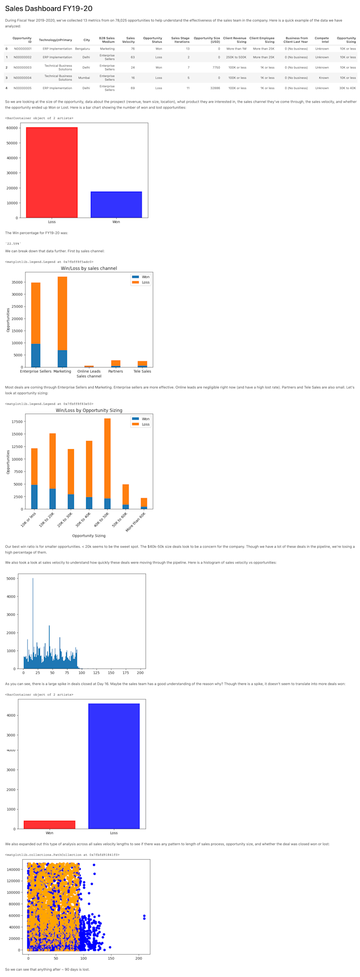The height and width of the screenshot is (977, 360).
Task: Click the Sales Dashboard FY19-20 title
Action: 49,9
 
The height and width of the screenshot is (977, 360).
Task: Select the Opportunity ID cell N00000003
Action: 22,68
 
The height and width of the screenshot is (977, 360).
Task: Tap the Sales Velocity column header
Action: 130,40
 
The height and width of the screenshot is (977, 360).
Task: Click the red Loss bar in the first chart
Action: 52,172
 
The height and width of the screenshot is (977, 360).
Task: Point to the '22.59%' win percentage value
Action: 13,243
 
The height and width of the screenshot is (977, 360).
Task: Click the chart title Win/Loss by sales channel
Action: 89,268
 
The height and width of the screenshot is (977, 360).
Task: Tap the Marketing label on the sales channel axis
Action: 62,371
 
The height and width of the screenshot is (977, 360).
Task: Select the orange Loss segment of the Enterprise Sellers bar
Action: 36,313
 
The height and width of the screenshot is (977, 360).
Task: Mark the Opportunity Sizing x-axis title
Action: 89,536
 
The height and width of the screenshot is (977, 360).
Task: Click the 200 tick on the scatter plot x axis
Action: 139,958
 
